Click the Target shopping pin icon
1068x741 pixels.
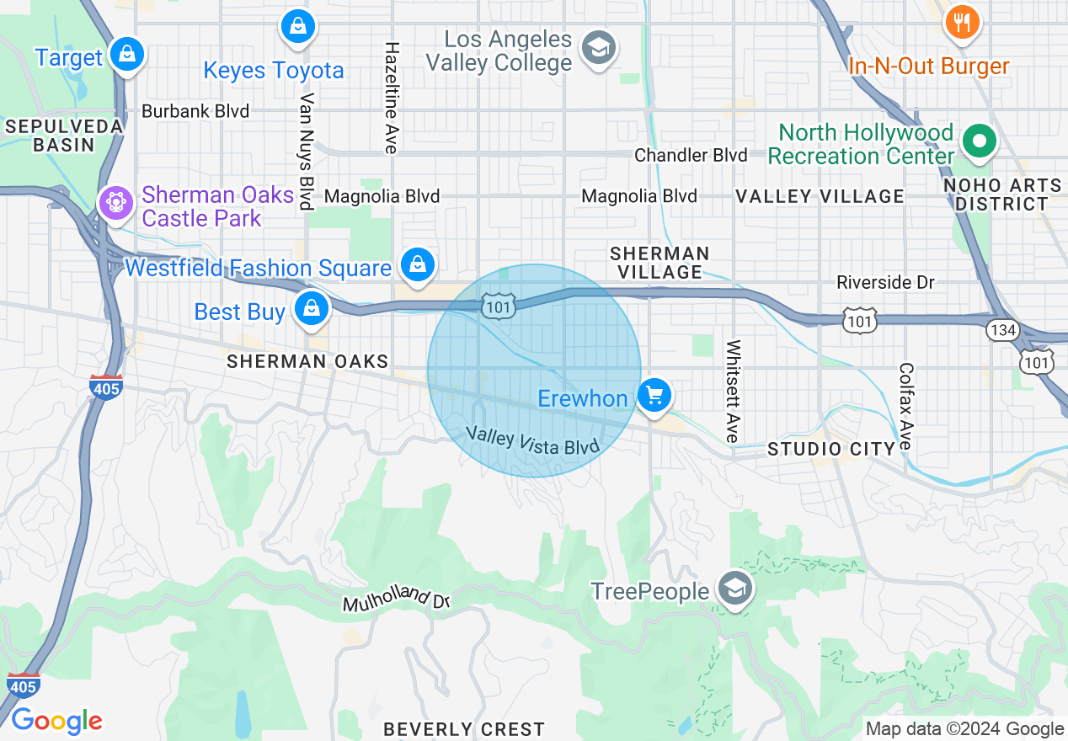click(126, 55)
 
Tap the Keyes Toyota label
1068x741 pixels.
click(274, 71)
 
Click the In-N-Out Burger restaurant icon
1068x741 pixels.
click(960, 22)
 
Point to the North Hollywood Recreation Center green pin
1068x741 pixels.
click(979, 141)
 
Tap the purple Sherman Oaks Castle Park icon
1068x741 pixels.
click(113, 203)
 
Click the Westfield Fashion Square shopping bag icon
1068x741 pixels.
click(417, 265)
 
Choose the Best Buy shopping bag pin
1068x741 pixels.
click(312, 308)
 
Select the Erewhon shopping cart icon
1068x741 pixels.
click(654, 395)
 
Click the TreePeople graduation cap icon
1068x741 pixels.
click(734, 589)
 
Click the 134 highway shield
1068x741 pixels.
click(1003, 330)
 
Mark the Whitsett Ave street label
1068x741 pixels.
click(733, 391)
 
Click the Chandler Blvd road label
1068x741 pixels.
click(691, 155)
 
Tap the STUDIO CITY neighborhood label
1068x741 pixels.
click(830, 449)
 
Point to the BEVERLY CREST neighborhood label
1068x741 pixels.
click(464, 728)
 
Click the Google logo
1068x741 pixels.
click(56, 721)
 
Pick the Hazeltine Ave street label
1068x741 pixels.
click(391, 98)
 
